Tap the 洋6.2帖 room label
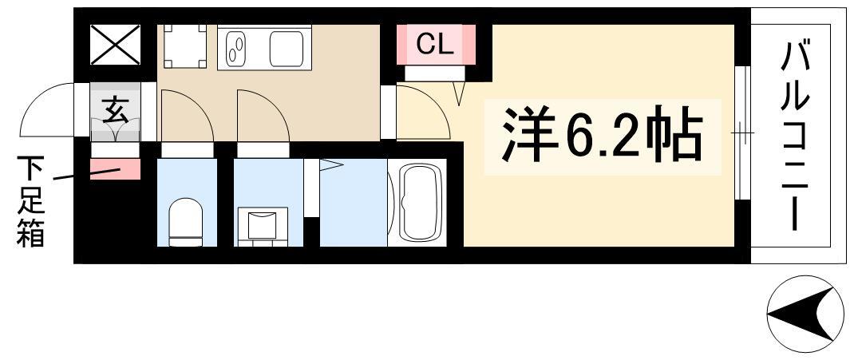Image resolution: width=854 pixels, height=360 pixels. (x=600, y=135)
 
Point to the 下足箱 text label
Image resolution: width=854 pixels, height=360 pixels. (x=31, y=201)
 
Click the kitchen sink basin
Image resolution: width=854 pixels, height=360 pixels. (x=237, y=47)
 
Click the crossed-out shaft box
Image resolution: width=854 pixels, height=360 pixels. (x=114, y=45)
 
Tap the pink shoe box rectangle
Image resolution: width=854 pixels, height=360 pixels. (x=115, y=169)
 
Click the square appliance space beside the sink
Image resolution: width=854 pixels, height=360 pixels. (x=184, y=47)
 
